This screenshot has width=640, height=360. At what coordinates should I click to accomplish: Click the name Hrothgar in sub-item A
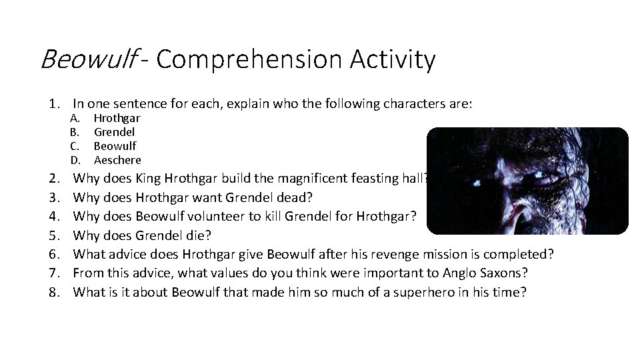(x=117, y=118)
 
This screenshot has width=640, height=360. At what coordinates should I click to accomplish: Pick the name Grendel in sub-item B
(x=114, y=132)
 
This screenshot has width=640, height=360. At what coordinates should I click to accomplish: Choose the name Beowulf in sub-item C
(x=115, y=146)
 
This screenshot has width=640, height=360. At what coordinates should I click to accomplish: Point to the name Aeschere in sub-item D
(x=117, y=160)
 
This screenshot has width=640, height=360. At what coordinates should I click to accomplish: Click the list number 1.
(x=53, y=104)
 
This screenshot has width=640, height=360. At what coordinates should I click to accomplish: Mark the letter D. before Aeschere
(x=75, y=160)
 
